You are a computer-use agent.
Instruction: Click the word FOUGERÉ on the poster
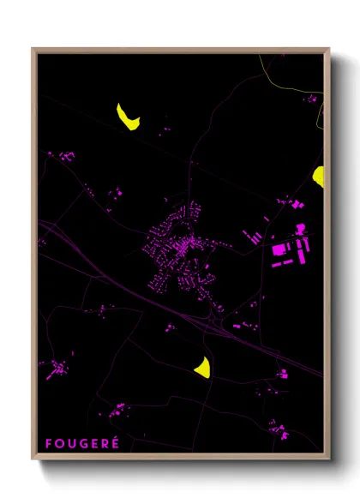[82, 443]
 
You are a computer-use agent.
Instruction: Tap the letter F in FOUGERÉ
[49, 443]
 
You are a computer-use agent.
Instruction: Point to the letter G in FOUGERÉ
[83, 443]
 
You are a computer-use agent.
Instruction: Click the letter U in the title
[71, 443]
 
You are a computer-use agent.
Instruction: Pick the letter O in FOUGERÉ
[59, 443]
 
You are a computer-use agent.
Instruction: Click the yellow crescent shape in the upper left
[128, 117]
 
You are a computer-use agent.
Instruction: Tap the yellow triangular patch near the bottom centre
[203, 367]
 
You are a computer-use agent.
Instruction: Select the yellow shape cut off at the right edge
[319, 177]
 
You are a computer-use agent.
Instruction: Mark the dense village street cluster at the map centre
[180, 249]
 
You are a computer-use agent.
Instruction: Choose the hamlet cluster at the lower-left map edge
[57, 370]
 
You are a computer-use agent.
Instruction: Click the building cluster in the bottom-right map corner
[276, 429]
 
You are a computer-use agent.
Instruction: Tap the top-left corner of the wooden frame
[33, 50]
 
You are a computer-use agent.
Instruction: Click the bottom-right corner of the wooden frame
[328, 457]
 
